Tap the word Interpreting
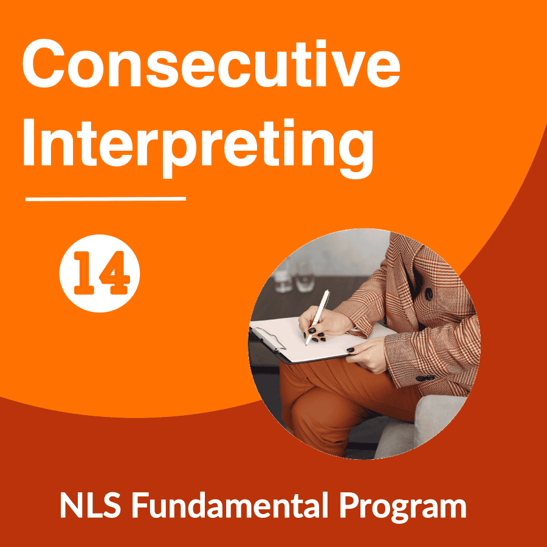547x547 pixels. (198, 149)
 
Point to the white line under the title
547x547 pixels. (106, 199)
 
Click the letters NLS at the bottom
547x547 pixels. (91, 505)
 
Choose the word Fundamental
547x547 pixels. (230, 504)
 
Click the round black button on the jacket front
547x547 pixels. (428, 294)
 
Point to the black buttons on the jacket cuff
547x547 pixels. (425, 378)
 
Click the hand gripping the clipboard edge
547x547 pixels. (368, 355)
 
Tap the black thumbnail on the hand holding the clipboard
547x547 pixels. (351, 350)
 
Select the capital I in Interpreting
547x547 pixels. (29, 142)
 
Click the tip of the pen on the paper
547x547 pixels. (306, 345)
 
